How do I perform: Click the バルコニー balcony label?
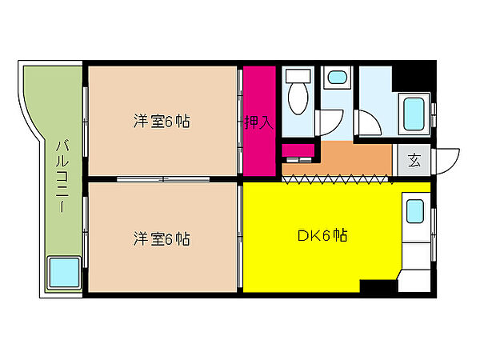[x=62, y=176]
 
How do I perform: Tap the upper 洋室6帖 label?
[x=162, y=122]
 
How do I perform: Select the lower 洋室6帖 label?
[x=162, y=238]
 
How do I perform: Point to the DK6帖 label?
[x=322, y=236]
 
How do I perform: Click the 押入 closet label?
[x=259, y=122]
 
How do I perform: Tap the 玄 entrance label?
[x=414, y=160]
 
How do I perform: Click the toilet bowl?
[x=298, y=98]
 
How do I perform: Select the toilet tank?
[x=298, y=76]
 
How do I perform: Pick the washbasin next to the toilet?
[x=337, y=77]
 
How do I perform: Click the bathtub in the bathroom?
[x=414, y=114]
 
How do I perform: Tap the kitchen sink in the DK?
[x=415, y=211]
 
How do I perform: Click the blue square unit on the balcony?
[x=64, y=272]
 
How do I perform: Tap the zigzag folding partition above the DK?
[x=336, y=179]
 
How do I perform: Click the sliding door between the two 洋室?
[x=163, y=179]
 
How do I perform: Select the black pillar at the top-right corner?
[x=414, y=76]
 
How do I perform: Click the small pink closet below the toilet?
[x=298, y=150]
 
